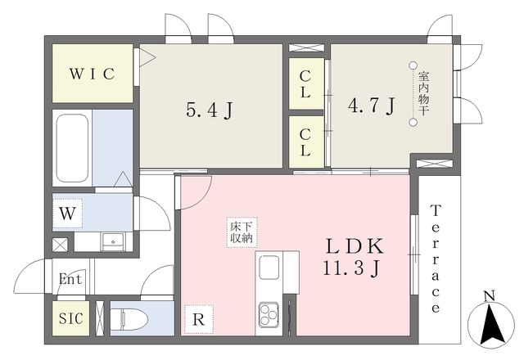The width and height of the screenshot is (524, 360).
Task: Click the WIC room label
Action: (x=93, y=74)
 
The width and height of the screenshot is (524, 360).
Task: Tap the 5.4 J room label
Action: (x=209, y=110)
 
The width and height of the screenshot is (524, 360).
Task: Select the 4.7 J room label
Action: (x=372, y=106)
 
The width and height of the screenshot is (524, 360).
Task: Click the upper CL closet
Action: (x=306, y=83)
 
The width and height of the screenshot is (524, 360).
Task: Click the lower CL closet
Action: (x=306, y=142)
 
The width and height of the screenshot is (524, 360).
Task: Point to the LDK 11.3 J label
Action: (x=355, y=257)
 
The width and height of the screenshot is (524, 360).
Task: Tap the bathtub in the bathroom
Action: (x=73, y=148)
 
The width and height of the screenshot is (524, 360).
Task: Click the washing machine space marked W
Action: (x=67, y=214)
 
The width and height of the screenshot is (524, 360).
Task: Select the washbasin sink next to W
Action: (x=113, y=241)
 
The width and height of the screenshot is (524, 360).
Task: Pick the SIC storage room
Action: (x=71, y=318)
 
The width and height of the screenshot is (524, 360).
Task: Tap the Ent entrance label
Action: (x=70, y=279)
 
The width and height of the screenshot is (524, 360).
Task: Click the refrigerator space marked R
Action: (x=199, y=319)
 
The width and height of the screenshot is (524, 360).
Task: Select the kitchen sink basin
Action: (x=269, y=268)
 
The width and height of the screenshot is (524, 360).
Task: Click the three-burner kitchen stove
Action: (x=269, y=314)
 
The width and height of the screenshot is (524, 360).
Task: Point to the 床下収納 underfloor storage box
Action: (x=242, y=232)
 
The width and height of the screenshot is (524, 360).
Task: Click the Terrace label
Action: (x=436, y=259)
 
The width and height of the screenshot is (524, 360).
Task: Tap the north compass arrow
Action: (x=490, y=323)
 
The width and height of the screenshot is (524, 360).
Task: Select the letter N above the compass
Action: (x=490, y=296)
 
